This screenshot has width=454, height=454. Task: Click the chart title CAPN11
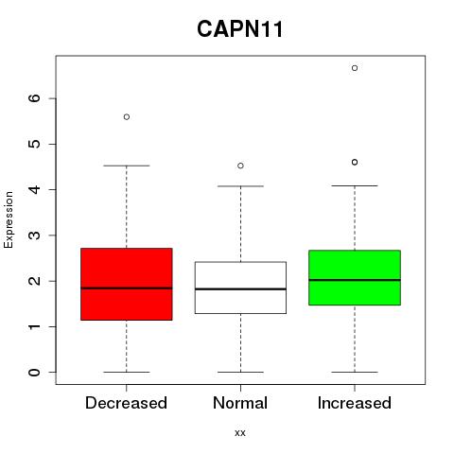point(240,29)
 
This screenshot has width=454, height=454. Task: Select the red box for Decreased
point(127,284)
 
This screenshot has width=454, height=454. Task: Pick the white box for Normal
point(240,288)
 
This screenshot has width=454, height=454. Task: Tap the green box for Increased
point(355,277)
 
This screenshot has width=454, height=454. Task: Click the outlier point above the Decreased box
point(127,117)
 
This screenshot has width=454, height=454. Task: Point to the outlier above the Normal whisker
point(240,166)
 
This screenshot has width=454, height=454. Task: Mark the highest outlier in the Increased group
point(355,68)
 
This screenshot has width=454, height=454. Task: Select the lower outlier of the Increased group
point(355,162)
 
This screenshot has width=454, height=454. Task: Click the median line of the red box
point(127,288)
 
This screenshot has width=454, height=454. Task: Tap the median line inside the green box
point(355,280)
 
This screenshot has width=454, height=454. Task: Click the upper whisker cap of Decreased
point(127,166)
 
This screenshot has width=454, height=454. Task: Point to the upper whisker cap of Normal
point(240,186)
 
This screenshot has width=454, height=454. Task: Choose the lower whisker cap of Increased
point(355,372)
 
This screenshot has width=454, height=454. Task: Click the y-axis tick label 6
point(34,98)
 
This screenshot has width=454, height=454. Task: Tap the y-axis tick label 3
point(34,236)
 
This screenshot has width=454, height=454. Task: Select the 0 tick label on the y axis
point(34,373)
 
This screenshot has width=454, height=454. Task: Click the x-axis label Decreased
point(126,403)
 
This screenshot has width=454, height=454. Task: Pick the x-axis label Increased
point(355,403)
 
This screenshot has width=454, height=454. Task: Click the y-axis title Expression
point(9,219)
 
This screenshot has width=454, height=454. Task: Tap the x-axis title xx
point(240,433)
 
